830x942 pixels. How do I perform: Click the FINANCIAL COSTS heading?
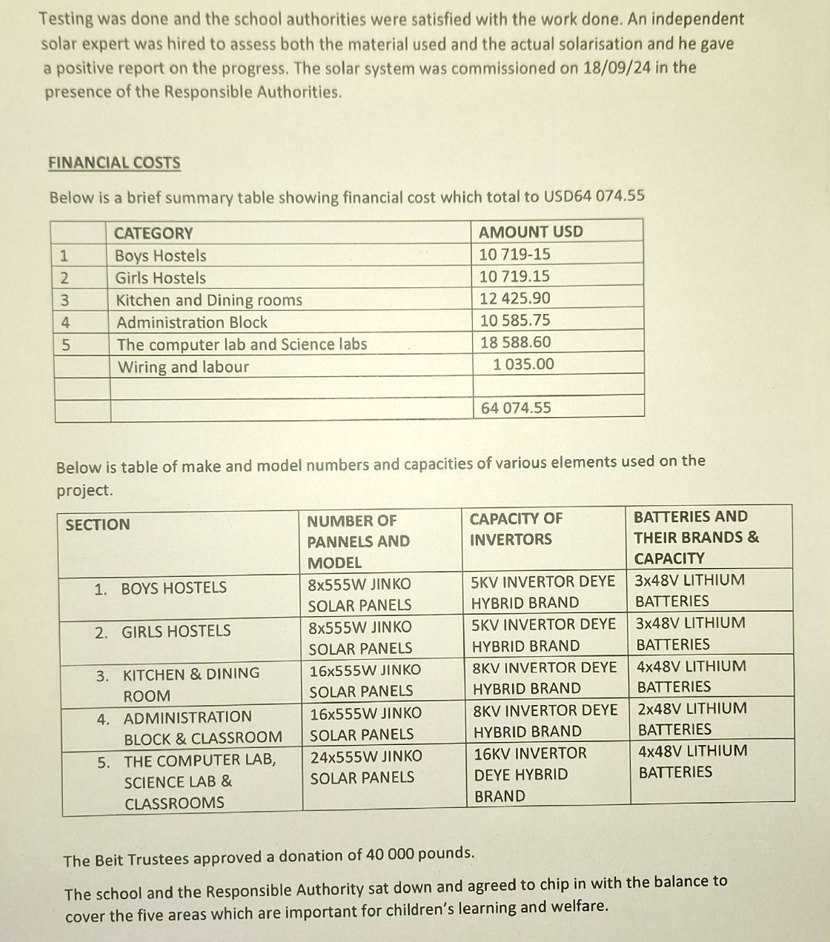[x=114, y=163]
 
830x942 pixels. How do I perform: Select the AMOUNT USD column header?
[x=531, y=232]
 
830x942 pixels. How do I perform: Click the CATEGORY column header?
[x=153, y=233]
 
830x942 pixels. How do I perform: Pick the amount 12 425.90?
[x=515, y=298]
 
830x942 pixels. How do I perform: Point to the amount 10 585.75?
[x=515, y=321]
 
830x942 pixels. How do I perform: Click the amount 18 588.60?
[x=515, y=342]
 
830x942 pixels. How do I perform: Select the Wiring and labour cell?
[x=183, y=367]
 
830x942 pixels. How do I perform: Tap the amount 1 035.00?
[x=523, y=364]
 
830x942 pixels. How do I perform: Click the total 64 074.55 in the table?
[x=516, y=408]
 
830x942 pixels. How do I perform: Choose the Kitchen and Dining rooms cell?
[x=209, y=301]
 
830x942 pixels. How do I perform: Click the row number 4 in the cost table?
[x=65, y=323]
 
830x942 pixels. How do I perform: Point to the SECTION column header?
[x=97, y=525]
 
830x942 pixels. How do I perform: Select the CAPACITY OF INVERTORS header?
[x=516, y=529]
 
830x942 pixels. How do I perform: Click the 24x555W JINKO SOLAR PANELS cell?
[x=365, y=767]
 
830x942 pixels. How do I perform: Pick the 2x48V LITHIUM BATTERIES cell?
[x=691, y=719]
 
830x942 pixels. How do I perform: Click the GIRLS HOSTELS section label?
[x=176, y=632]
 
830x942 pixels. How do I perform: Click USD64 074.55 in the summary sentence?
[x=594, y=197]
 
